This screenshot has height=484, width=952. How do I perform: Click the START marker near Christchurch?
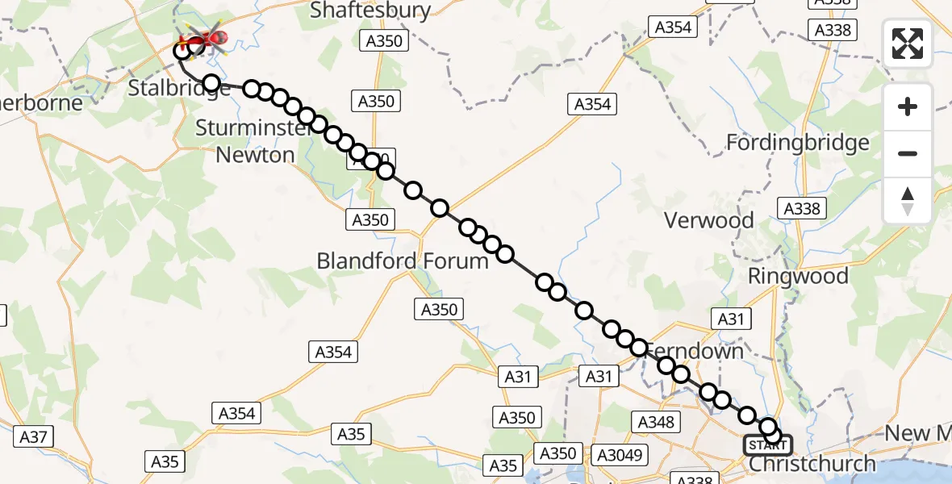click(x=767, y=445)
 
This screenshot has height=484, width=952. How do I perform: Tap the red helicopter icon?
click(x=207, y=38)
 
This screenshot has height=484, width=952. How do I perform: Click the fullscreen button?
click(x=908, y=44)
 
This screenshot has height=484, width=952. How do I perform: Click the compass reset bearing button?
click(x=908, y=200)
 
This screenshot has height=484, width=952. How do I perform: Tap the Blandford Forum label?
click(x=403, y=261)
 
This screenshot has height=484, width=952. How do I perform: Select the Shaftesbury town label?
click(x=371, y=10)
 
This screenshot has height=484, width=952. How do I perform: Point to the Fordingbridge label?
click(x=798, y=143)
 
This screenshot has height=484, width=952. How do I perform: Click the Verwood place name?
click(x=709, y=220)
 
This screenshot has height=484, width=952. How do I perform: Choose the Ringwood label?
click(x=798, y=277)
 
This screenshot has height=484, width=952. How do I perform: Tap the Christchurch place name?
click(x=812, y=464)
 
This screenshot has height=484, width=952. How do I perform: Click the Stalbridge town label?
click(x=179, y=88)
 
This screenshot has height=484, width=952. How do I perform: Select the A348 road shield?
click(x=656, y=421)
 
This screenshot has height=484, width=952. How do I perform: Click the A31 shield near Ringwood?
click(x=730, y=319)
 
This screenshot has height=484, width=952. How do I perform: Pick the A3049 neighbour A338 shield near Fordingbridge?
click(x=801, y=209)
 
